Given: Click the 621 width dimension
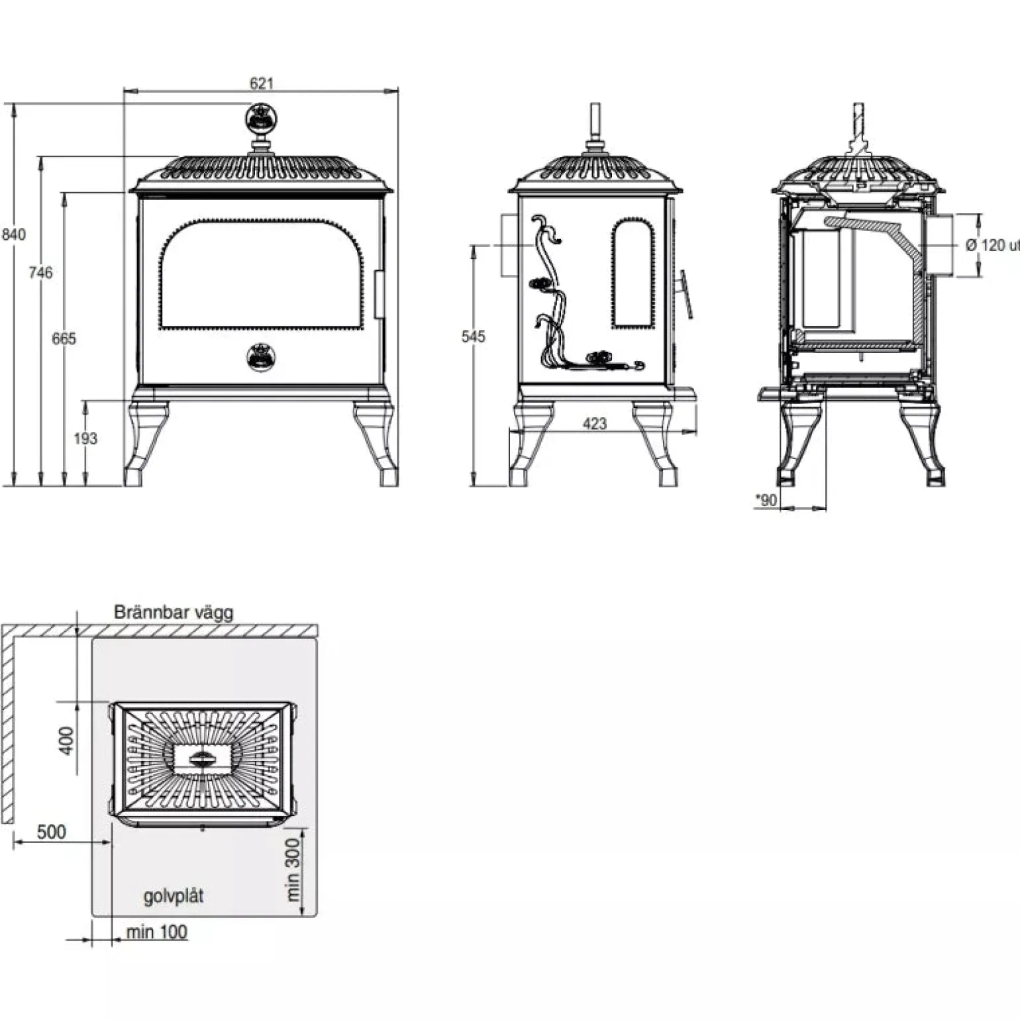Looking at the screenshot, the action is click(x=262, y=83).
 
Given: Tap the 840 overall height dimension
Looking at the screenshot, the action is click(x=13, y=234).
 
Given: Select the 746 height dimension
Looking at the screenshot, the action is click(x=40, y=272).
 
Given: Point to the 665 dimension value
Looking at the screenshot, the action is click(x=64, y=338).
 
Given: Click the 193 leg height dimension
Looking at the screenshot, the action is click(x=85, y=438).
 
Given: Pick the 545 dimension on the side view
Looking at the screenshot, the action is click(x=474, y=336).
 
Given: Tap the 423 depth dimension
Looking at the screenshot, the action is click(x=595, y=424).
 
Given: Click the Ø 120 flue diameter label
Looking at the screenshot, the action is click(x=992, y=245).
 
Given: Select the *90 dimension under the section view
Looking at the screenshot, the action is click(x=766, y=500).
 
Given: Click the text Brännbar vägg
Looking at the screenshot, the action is click(x=174, y=611).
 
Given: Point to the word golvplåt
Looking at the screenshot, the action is click(x=174, y=897).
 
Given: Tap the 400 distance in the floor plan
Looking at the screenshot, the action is click(x=66, y=740).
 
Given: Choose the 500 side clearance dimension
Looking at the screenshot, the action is click(x=52, y=831).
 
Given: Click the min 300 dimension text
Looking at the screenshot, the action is click(x=293, y=866).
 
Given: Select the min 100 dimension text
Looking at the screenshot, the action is click(x=157, y=932).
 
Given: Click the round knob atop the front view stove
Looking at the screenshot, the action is click(x=262, y=118).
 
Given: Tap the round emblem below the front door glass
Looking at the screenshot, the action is click(x=262, y=358).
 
